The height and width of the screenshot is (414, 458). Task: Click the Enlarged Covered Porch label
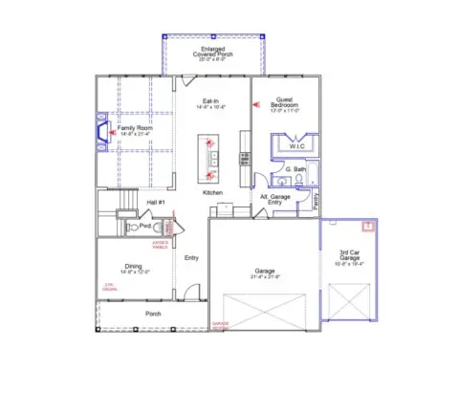click(211, 50)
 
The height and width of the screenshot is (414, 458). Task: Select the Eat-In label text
click(212, 100)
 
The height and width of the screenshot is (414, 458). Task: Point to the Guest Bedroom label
click(284, 103)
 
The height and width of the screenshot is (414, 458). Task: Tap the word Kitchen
click(212, 192)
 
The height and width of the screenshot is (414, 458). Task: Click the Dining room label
click(134, 269)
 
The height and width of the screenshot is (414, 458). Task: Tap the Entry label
click(191, 256)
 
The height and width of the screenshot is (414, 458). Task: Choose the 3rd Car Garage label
click(350, 254)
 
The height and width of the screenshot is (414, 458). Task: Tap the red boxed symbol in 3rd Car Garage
click(365, 227)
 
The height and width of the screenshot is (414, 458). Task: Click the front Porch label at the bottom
click(153, 314)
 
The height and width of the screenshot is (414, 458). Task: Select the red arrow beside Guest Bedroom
click(254, 104)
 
